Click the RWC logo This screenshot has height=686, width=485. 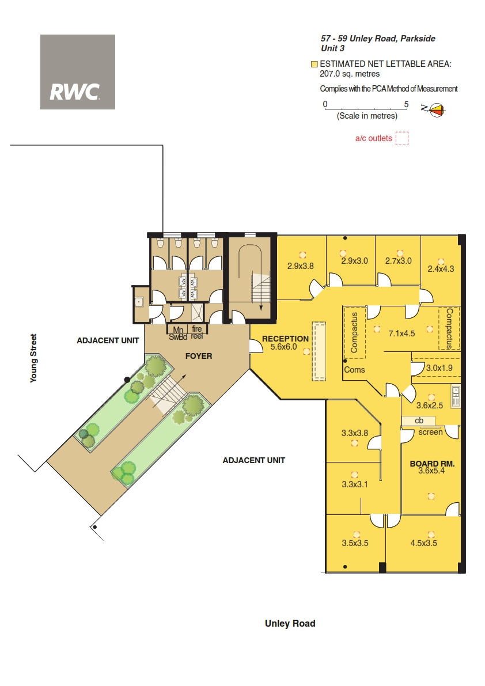click(77, 72)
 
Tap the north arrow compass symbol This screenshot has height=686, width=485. click(436, 109)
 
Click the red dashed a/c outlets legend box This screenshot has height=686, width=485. click(402, 138)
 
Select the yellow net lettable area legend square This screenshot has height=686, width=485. click(314, 65)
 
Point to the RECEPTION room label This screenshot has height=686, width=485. click(285, 339)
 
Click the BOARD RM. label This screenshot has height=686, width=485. click(432, 463)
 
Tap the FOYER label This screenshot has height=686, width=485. click(199, 356)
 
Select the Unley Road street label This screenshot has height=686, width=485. click(290, 623)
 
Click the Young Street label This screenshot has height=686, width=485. click(33, 358)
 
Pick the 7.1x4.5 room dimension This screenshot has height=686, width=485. click(401, 333)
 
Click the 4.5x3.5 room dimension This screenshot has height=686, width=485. click(423, 543)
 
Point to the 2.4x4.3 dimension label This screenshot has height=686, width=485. click(441, 269)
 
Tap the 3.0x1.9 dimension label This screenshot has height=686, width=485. click(439, 368)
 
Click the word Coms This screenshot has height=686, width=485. click(354, 370)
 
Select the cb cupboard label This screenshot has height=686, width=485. click(419, 420)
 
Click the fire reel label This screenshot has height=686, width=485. click(197, 332)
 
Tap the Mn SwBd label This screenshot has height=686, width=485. click(178, 333)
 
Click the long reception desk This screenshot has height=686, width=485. click(319, 352)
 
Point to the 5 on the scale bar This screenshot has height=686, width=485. click(406, 104)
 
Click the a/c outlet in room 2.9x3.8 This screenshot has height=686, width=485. click(302, 255)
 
